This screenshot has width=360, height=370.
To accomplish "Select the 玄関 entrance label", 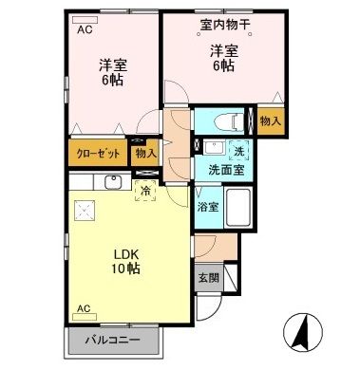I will tap(207, 278).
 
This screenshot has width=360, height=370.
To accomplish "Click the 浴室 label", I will tap(206, 205).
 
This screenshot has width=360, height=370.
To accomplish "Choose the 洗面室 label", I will tap(225, 170).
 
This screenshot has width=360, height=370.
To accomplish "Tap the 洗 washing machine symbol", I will tap(239, 150).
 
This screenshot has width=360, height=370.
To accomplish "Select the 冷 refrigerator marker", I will tap(145, 188).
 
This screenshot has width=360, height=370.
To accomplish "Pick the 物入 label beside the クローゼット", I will tap(145, 152).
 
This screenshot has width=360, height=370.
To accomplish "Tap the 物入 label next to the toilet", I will tap(270, 121).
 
